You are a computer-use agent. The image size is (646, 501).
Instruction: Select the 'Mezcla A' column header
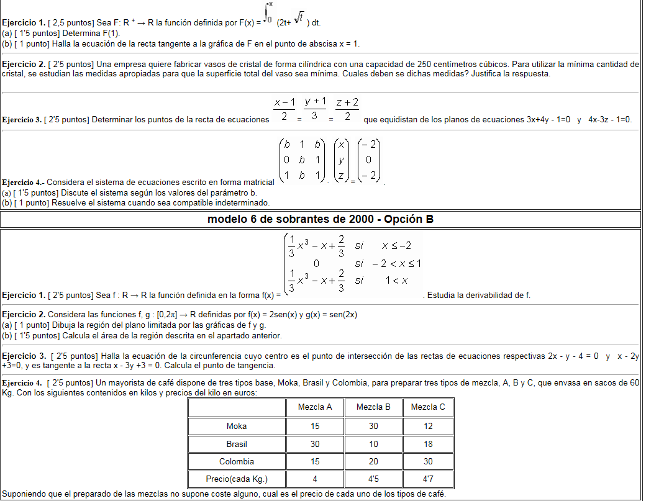(x=315, y=407)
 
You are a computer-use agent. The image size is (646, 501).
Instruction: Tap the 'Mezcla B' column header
(x=373, y=407)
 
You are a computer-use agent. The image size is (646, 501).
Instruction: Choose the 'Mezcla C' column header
(x=428, y=407)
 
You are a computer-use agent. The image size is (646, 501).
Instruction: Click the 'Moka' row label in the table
(x=237, y=426)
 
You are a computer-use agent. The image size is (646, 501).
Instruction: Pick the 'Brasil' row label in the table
(x=237, y=444)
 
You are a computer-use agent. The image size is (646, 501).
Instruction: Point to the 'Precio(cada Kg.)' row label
(x=237, y=479)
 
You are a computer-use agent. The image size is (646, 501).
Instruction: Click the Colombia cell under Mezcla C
(x=428, y=461)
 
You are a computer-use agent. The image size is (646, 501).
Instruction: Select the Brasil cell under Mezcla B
(x=373, y=444)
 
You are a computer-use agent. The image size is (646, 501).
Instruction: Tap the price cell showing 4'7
(x=428, y=479)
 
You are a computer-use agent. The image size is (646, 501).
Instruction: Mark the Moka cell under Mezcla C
(x=428, y=426)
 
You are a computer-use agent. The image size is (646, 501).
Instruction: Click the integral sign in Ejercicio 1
(x=267, y=12)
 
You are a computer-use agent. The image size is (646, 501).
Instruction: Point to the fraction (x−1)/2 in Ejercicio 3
(x=284, y=109)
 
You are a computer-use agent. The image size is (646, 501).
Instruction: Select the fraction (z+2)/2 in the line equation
(x=347, y=109)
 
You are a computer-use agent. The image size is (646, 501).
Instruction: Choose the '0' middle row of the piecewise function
(x=316, y=263)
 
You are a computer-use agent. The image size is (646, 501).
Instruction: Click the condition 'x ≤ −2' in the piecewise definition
(x=397, y=245)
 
